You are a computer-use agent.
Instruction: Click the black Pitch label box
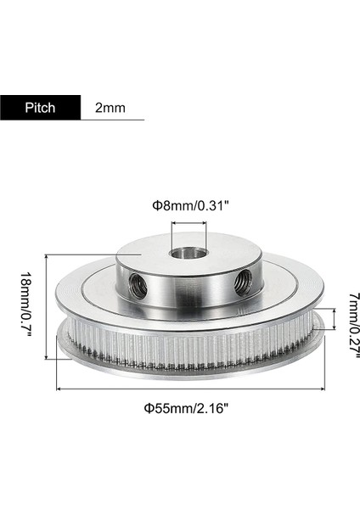point(40,108)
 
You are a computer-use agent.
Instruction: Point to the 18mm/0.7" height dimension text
point(25,305)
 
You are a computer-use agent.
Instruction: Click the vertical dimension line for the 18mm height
point(45,305)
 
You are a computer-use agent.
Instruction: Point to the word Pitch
point(40,108)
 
